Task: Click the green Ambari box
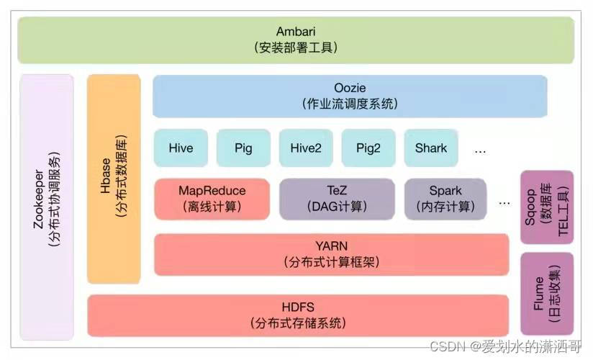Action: pyautogui.click(x=296, y=40)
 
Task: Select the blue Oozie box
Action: pyautogui.click(x=350, y=96)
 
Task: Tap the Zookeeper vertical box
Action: pyautogui.click(x=47, y=207)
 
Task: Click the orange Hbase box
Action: pyautogui.click(x=114, y=179)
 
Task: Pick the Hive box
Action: pyautogui.click(x=181, y=148)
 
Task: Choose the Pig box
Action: pyautogui.click(x=243, y=148)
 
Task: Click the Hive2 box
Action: pyautogui.click(x=306, y=148)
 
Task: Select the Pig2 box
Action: pyautogui.click(x=368, y=148)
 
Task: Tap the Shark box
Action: pyautogui.click(x=431, y=148)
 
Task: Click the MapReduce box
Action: pyautogui.click(x=212, y=199)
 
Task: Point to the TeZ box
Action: pyautogui.click(x=337, y=199)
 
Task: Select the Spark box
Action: pyautogui.click(x=445, y=199)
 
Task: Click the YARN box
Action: pyautogui.click(x=332, y=254)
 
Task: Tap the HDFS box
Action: pyautogui.click(x=298, y=315)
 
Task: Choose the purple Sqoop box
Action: pyautogui.click(x=547, y=207)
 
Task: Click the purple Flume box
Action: pyautogui.click(x=547, y=293)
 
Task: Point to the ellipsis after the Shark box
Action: pyautogui.click(x=480, y=152)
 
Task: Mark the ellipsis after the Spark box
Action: pyautogui.click(x=504, y=204)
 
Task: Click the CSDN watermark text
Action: pyautogui.click(x=506, y=346)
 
